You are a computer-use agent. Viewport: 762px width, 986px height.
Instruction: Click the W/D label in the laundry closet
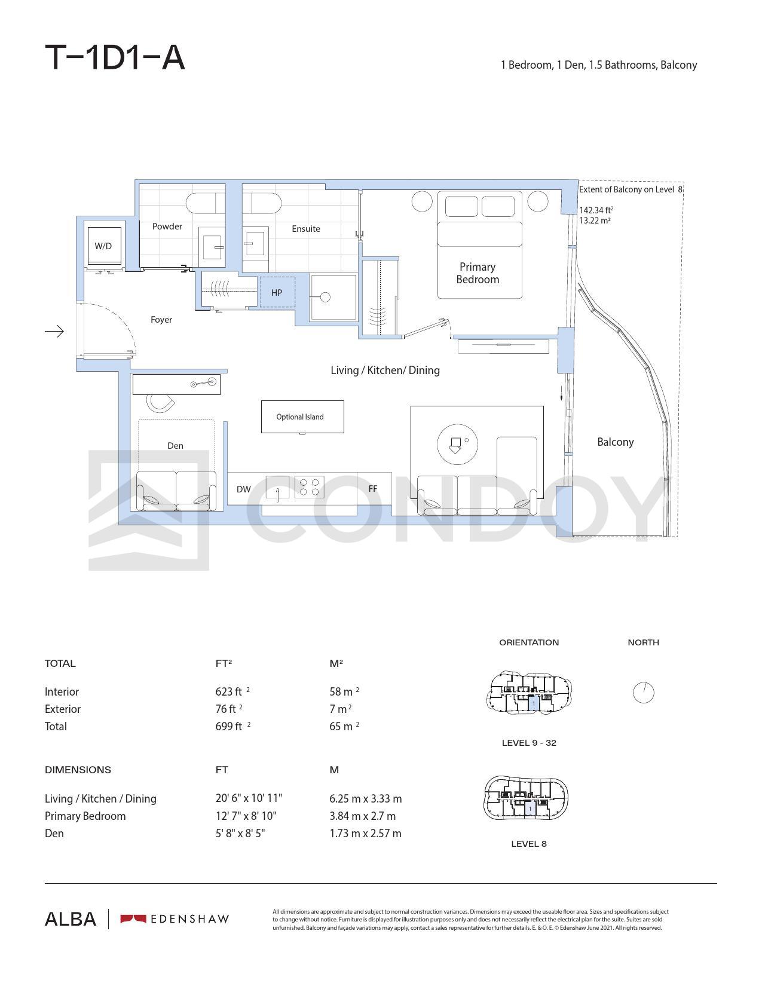coord(103,246)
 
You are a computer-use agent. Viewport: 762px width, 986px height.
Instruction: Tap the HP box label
coord(276,293)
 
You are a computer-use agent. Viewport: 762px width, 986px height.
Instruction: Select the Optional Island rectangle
coord(302,417)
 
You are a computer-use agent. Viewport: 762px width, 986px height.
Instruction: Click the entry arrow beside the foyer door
coord(54,332)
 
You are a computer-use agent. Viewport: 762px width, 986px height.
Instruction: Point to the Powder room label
coord(167,226)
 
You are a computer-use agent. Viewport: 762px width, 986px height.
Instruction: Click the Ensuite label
coord(306,229)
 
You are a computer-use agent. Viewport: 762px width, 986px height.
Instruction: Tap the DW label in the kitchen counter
coord(244,489)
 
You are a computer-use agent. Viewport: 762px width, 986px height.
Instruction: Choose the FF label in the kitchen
coord(372,489)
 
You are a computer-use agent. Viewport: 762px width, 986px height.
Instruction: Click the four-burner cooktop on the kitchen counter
coord(309,487)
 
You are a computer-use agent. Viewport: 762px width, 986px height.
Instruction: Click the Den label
coord(175,446)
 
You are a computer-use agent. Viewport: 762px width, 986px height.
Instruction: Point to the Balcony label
coord(615,442)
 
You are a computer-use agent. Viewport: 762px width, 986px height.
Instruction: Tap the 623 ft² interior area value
coord(232,691)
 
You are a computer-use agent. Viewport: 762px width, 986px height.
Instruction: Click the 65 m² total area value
coord(344,726)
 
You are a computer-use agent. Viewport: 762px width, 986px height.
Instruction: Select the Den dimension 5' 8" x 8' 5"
coord(240,833)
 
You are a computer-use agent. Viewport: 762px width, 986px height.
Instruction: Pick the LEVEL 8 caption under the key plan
coord(529,844)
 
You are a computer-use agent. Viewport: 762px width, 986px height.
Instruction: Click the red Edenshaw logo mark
coord(133,919)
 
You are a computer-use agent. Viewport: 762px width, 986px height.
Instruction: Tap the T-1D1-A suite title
coord(115,57)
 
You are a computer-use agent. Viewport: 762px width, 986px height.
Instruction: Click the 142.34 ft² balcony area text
coord(596,210)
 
